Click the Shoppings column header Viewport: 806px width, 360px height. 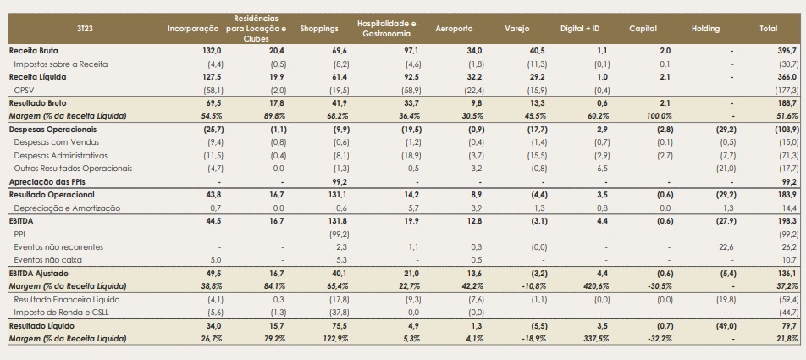pyautogui.click(x=319, y=29)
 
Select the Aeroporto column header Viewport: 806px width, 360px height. pyautogui.click(x=454, y=29)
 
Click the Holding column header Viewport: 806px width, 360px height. pyautogui.click(x=706, y=29)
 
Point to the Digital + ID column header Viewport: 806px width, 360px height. pyautogui.click(x=580, y=29)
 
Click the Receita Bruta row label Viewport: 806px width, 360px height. pyautogui.click(x=34, y=52)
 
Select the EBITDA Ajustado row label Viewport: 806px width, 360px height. pyautogui.click(x=39, y=273)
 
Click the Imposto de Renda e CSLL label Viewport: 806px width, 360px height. pyautogui.click(x=61, y=313)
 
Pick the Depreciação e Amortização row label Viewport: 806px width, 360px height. pyautogui.click(x=68, y=208)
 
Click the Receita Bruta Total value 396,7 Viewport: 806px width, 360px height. pyautogui.click(x=788, y=52)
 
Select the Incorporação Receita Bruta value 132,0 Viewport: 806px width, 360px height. pyautogui.click(x=212, y=52)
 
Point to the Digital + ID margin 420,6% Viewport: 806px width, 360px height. pyautogui.click(x=587, y=286)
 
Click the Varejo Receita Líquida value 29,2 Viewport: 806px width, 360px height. pyautogui.click(x=522, y=77)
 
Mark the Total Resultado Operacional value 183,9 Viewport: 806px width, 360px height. pyautogui.click(x=788, y=195)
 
